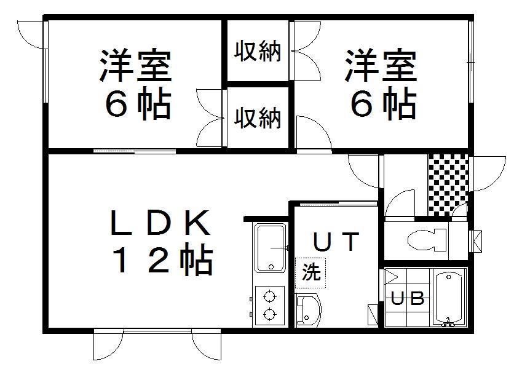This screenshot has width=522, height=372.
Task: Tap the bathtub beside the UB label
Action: point(449,298)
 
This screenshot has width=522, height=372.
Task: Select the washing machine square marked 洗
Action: point(310,273)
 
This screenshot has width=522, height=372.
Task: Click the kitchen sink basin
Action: point(271,248)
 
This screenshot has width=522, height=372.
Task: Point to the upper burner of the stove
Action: point(270,296)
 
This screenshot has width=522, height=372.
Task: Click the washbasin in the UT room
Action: point(308,310)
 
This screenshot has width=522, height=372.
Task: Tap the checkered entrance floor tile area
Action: point(448,185)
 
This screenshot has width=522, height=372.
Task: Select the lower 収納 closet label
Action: point(258,117)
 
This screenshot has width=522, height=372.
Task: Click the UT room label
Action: point(336,242)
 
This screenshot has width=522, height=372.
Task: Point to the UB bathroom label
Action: point(408,298)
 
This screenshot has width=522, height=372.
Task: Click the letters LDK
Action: point(160,223)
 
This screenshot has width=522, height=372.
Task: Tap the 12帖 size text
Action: point(163,259)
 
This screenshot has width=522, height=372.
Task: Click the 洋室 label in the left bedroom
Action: point(136,66)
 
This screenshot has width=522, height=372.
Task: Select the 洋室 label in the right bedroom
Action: point(381,66)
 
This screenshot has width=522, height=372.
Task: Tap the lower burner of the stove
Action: point(270,314)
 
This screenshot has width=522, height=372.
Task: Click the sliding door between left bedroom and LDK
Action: point(135,151)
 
